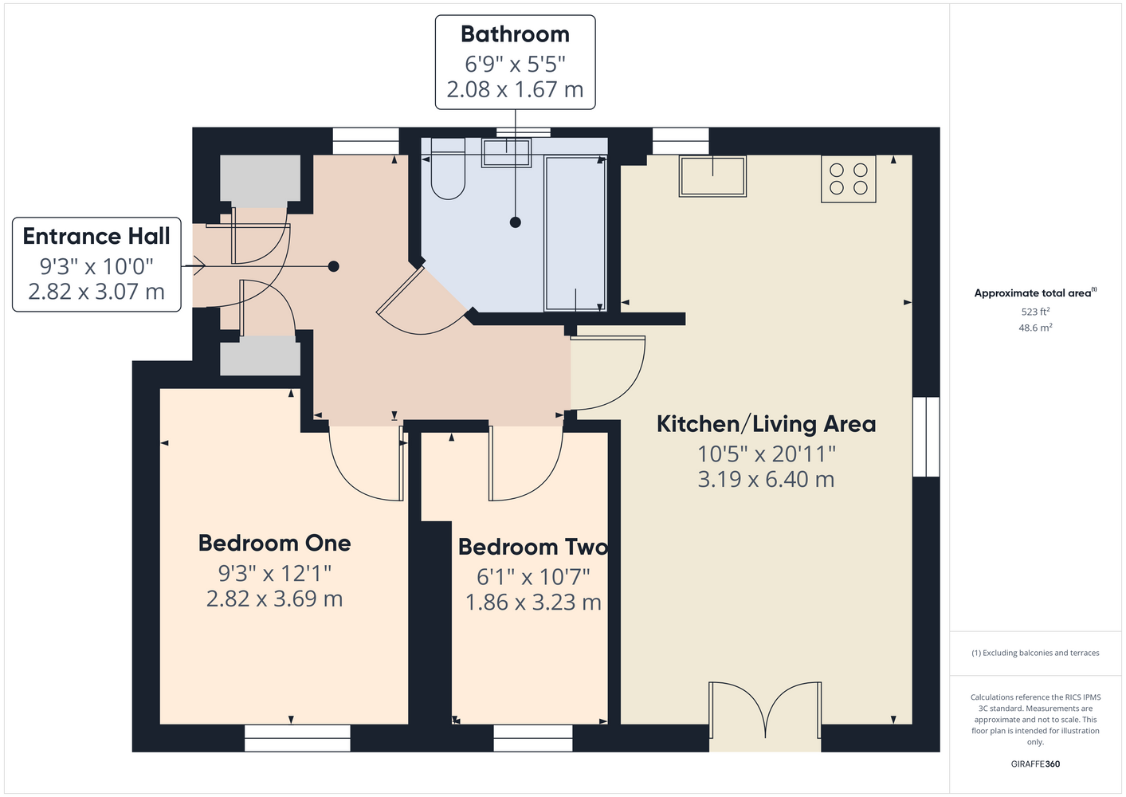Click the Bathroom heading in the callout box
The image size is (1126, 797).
pyautogui.click(x=515, y=35)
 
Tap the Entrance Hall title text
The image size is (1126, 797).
pyautogui.click(x=96, y=237)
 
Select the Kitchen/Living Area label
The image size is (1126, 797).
pyautogui.click(x=766, y=424)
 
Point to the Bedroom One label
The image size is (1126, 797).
pyautogui.click(x=274, y=543)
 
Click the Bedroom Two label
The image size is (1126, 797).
pyautogui.click(x=533, y=547)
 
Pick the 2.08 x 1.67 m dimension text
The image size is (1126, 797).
pyautogui.click(x=515, y=90)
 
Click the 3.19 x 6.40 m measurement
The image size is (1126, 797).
pyautogui.click(x=766, y=479)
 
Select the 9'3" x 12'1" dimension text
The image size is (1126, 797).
pyautogui.click(x=274, y=573)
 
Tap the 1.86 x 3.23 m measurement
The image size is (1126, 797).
pyautogui.click(x=533, y=603)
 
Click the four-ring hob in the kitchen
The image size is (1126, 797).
pyautogui.click(x=849, y=179)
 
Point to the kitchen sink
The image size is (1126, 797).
pyautogui.click(x=712, y=176)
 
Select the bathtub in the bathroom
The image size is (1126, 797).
pyautogui.click(x=575, y=234)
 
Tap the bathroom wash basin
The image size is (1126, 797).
pyautogui.click(x=506, y=153)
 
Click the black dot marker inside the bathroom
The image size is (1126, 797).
pyautogui.click(x=516, y=222)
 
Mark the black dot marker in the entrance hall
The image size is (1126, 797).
pyautogui.click(x=333, y=266)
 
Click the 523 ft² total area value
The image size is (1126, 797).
pyautogui.click(x=1035, y=312)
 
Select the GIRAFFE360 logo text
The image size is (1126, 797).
pyautogui.click(x=1035, y=764)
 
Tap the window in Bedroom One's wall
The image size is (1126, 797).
pyautogui.click(x=297, y=738)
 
